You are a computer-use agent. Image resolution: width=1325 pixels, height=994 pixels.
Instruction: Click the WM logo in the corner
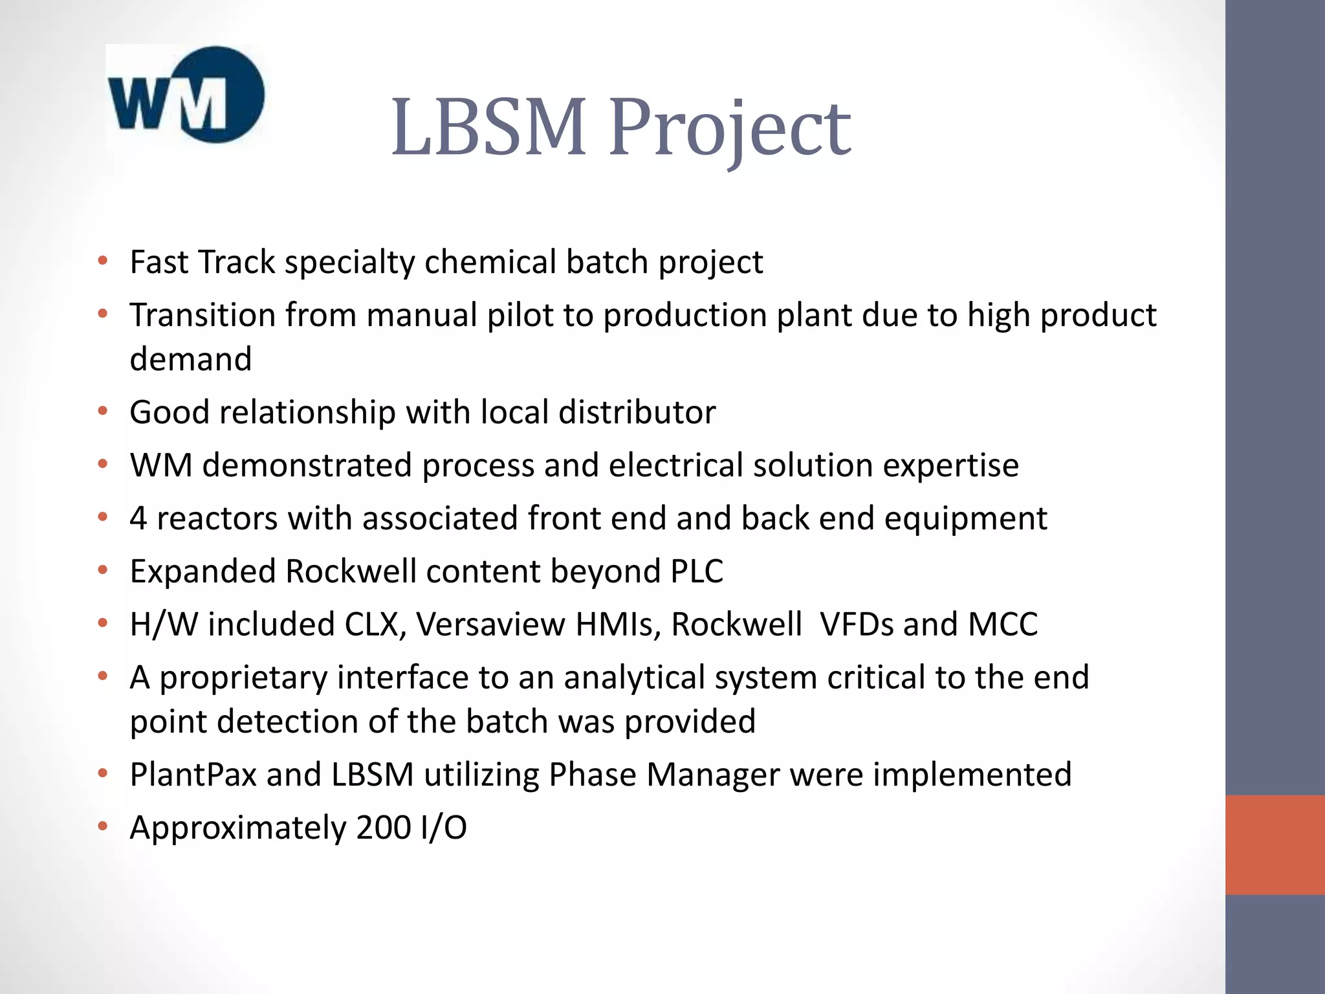[x=186, y=95]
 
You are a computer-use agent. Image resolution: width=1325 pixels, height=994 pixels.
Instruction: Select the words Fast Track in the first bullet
[x=203, y=262]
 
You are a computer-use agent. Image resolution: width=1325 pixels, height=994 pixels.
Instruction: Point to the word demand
[x=191, y=359]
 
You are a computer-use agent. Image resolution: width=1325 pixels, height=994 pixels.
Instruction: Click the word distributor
[x=637, y=412]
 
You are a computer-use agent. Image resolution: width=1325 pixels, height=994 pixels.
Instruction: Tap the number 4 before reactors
[x=138, y=518]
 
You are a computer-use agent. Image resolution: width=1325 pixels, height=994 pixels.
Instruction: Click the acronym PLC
[x=697, y=571]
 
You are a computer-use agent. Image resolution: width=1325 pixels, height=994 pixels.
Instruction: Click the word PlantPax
[x=193, y=775]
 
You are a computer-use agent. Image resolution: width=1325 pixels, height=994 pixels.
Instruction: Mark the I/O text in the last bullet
[x=443, y=828]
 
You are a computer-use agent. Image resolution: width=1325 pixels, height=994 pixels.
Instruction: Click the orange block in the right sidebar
[x=1275, y=845]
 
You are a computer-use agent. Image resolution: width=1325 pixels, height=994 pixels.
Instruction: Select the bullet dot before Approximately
[x=102, y=826]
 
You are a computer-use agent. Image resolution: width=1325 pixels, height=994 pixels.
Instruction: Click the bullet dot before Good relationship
[x=102, y=411]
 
